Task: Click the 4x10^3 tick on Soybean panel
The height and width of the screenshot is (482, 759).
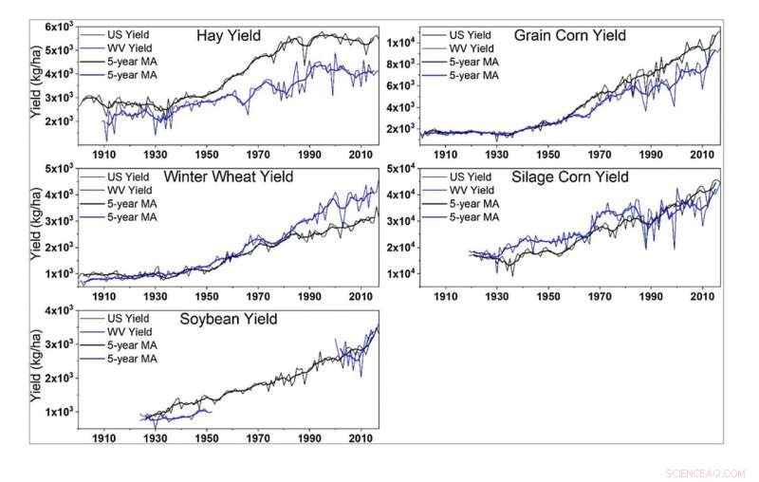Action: [x=54, y=310]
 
